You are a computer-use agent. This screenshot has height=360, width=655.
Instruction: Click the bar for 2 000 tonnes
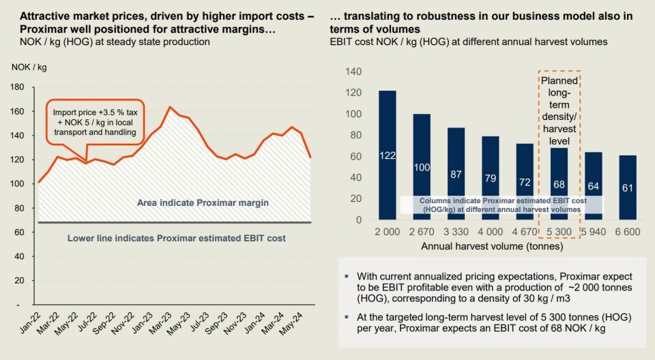coord(387,155)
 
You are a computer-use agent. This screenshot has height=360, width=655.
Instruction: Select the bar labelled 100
coord(422,167)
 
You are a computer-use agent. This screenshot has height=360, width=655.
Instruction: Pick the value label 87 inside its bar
coord(456,174)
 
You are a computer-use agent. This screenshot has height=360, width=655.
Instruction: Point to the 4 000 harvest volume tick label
coord(490,232)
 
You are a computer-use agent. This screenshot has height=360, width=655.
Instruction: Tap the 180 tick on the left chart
coord(18,87)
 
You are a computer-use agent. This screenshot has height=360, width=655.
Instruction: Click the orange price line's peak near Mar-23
coord(169,107)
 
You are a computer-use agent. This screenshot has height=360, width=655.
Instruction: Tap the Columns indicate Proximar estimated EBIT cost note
coord(501,205)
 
